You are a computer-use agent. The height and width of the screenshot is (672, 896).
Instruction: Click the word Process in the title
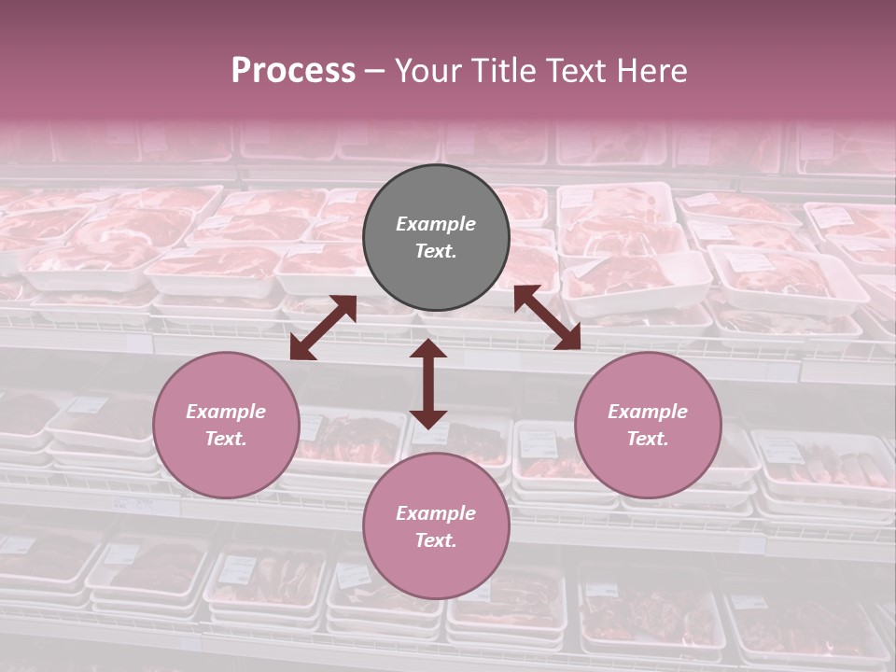293,71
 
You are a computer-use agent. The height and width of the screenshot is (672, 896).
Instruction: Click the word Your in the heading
427,71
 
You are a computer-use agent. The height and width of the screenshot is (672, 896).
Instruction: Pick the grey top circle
436,237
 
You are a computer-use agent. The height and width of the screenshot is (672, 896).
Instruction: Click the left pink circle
226,425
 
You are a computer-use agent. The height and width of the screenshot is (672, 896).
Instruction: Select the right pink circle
648,425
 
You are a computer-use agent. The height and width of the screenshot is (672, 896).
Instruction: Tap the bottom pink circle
436,526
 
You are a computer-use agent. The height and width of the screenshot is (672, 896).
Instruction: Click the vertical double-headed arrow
428,384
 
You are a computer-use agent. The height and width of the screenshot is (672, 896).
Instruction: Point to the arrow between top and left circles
323,328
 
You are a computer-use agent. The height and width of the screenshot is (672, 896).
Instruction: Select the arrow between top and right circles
547,317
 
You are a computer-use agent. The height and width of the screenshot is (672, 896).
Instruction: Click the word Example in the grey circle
436,224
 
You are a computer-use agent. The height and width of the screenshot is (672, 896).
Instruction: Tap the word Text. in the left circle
226,439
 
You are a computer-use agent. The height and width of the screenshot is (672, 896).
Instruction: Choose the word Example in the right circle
648,412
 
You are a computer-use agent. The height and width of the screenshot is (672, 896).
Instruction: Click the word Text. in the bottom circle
436,540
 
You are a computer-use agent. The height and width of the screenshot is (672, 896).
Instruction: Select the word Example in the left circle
226,412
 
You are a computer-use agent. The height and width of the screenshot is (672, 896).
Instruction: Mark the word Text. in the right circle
648,439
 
